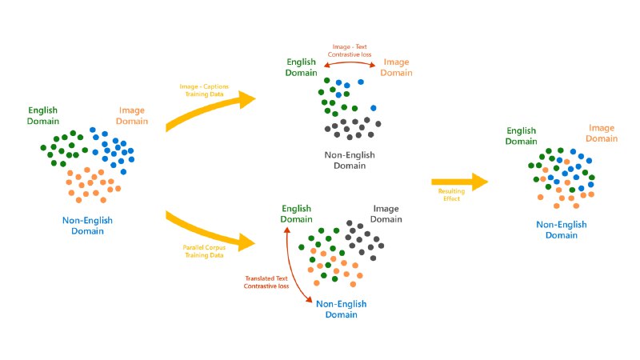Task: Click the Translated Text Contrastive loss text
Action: (267, 281)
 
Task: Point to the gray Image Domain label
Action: (386, 214)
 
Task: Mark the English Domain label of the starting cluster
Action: (43, 115)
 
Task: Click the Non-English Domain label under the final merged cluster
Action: (559, 230)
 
